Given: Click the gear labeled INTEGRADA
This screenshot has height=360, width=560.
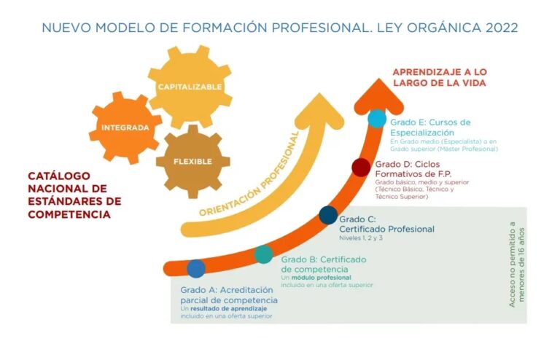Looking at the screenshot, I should click(125, 128).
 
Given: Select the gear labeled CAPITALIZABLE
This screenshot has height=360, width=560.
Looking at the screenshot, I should click(190, 87).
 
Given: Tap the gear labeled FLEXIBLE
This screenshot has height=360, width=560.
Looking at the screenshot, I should click(192, 161).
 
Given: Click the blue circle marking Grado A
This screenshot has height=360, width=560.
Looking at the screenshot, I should click(196, 268).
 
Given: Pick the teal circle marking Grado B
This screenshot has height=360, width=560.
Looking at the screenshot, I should click(264, 254).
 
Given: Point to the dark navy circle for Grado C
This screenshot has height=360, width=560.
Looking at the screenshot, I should click(328, 215).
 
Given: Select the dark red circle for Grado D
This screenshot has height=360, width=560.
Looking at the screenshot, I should click(361, 168).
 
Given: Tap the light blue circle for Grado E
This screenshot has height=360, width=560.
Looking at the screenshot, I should click(377, 119).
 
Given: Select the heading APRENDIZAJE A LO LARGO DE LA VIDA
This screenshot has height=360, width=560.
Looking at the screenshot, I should click(439, 77).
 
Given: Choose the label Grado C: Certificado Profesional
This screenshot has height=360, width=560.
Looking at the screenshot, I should click(386, 224).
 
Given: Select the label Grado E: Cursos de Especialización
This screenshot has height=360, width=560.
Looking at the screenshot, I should click(430, 128).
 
